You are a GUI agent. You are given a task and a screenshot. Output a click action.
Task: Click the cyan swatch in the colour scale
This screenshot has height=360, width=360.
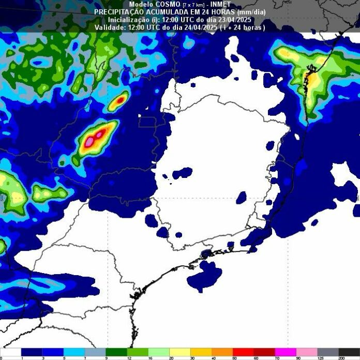pos(74,352)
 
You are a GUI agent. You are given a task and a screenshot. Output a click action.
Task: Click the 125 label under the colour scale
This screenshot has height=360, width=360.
pos(319,357)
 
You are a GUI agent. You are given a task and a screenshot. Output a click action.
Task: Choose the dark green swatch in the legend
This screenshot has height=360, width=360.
pos(116,352)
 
